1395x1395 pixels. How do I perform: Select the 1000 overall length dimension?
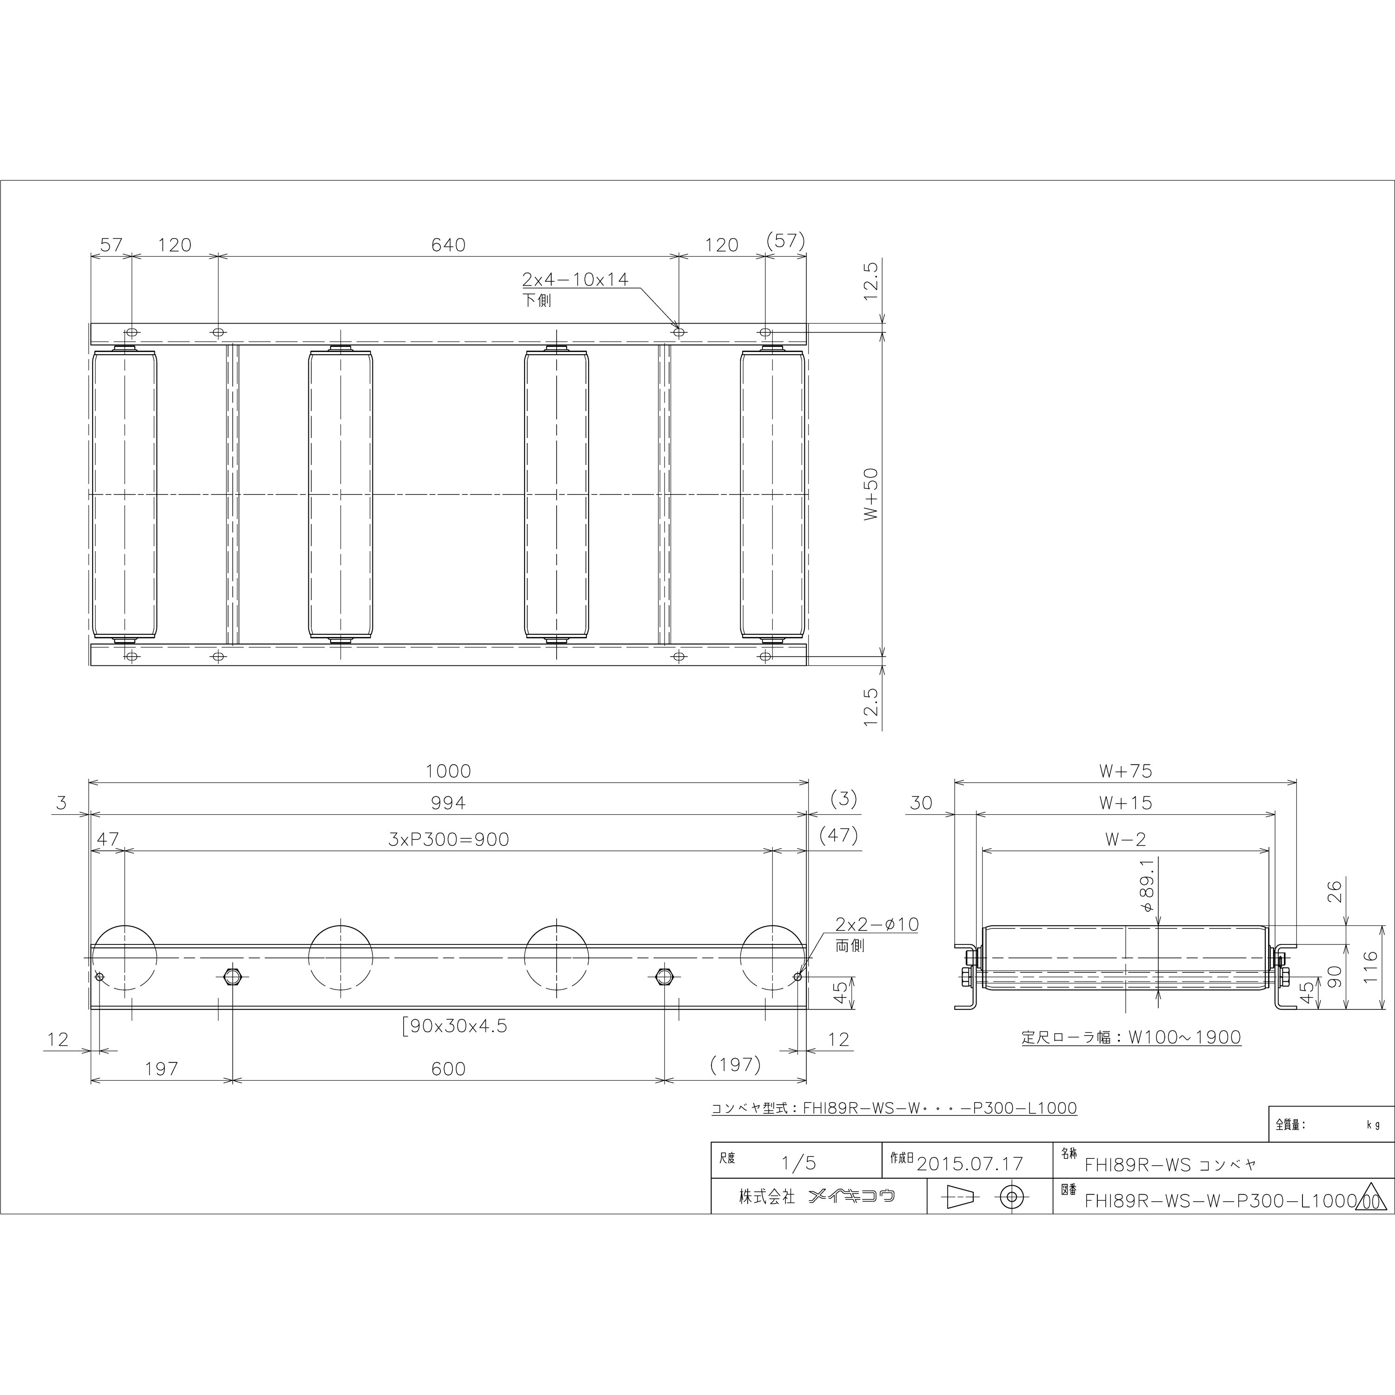coord(448,771)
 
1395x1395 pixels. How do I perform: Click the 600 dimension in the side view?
coord(448,1068)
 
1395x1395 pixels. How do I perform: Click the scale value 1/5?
coord(798,1163)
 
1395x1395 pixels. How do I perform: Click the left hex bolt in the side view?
coord(232,977)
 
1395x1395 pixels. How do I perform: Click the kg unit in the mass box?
coord(1373,1125)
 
